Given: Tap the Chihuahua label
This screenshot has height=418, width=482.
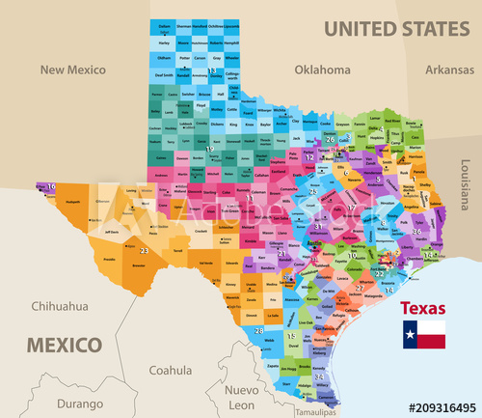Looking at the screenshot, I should point(59,306).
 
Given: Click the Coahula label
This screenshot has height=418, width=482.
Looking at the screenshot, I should point(171,369).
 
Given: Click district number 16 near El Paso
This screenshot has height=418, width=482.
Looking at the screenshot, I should point(50,186).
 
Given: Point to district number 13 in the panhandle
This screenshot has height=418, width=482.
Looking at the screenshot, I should point(211,71).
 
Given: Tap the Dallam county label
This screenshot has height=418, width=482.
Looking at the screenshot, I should point(164,27).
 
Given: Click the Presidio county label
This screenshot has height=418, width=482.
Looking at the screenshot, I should point(109,260).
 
